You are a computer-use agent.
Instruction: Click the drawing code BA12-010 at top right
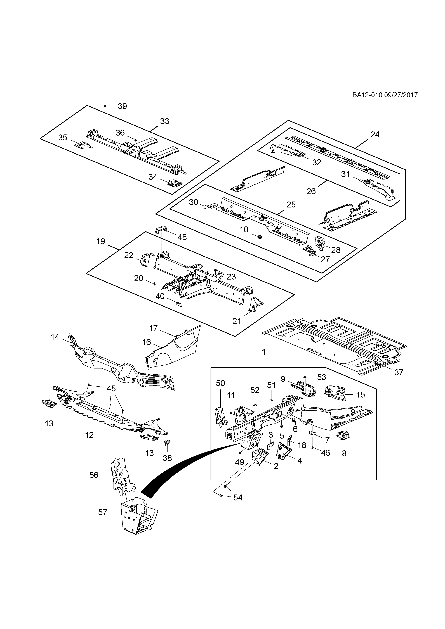[x=367, y=95]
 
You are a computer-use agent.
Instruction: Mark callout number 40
[x=160, y=296]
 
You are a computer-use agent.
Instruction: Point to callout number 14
[x=55, y=337]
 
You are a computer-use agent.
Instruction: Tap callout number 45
[x=111, y=389]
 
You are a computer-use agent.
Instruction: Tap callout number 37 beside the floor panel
[x=399, y=372]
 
